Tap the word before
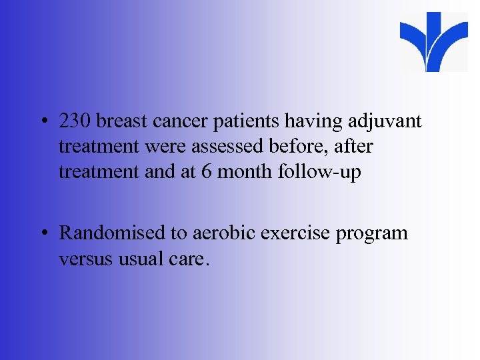click(313, 147)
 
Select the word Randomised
click(111, 233)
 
